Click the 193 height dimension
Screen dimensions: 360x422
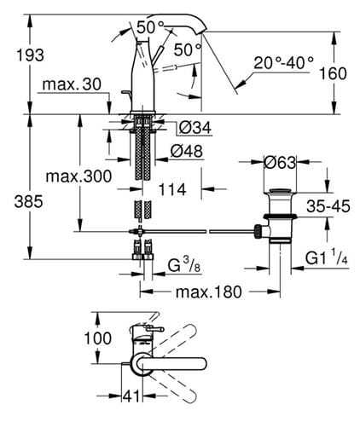[x=30, y=55]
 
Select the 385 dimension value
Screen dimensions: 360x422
[x=29, y=202]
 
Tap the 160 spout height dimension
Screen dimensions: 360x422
[x=333, y=73]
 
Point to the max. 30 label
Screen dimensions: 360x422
[x=72, y=84]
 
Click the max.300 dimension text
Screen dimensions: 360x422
[x=78, y=176]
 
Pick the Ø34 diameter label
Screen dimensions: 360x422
[x=195, y=127]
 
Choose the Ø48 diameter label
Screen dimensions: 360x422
[x=187, y=151]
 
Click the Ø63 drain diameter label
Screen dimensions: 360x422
[x=280, y=163]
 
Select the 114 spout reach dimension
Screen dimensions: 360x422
[x=172, y=189]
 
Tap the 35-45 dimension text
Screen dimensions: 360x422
[x=328, y=205]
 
